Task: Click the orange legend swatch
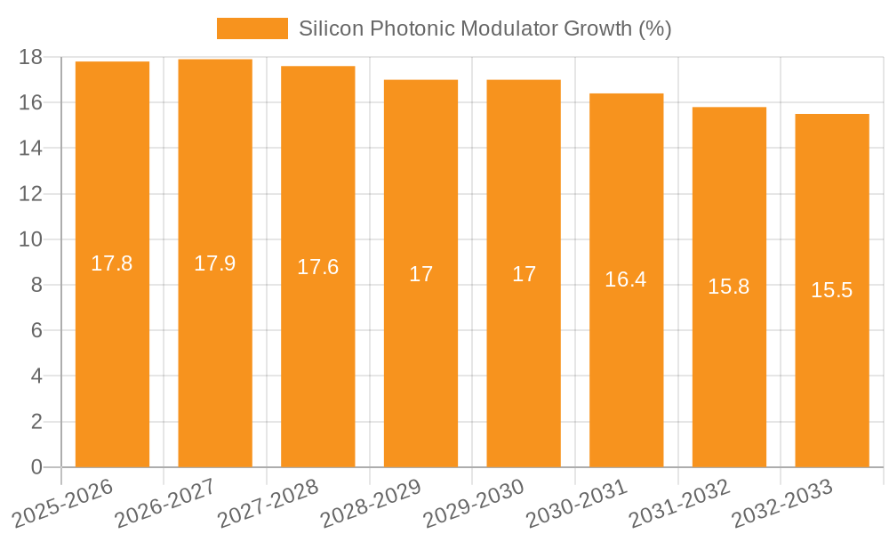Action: tap(252, 28)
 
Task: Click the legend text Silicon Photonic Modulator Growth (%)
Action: tap(485, 28)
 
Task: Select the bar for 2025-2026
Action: tap(112, 356)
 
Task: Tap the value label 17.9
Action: tap(215, 263)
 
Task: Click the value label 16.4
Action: tap(626, 279)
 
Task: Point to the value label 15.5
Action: tap(832, 290)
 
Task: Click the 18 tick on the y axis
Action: tap(31, 57)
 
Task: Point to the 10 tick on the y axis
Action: tap(31, 239)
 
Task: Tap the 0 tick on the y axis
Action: tap(36, 467)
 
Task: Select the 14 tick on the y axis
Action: tap(31, 149)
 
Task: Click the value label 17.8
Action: tap(112, 263)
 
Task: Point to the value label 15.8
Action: tap(729, 287)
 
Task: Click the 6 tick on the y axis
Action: tap(36, 331)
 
